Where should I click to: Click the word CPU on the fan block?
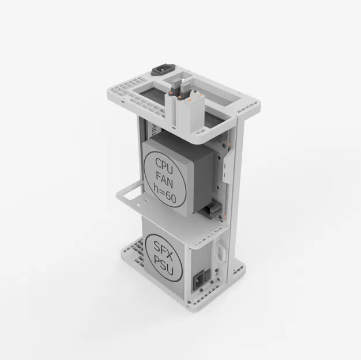(164, 163)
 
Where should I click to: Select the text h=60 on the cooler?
(166, 196)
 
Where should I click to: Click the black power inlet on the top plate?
(161, 70)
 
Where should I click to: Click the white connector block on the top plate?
(183, 104)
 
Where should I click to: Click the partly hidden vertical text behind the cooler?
(153, 127)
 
